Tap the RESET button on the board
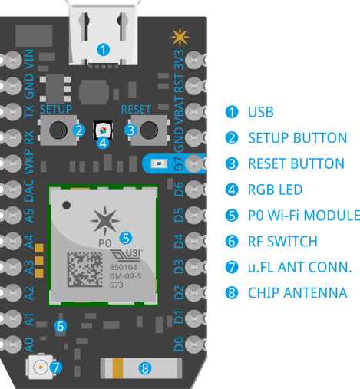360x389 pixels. tap(150, 130)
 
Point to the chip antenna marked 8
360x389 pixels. tap(143, 368)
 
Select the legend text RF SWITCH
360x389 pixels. tap(282, 242)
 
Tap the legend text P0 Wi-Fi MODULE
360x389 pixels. tap(303, 215)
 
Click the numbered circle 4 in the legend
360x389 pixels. tap(230, 190)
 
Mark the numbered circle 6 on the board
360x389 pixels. tap(61, 326)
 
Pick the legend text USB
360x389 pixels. tap(260, 112)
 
